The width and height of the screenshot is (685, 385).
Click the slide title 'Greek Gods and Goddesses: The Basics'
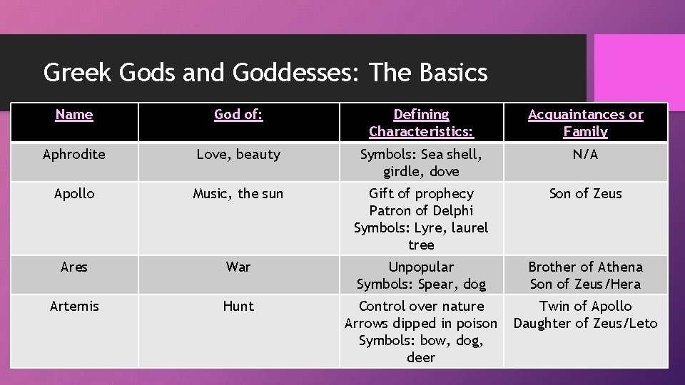coord(265,73)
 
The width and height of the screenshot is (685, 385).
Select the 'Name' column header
coord(74,115)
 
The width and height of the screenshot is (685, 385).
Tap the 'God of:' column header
coord(238,115)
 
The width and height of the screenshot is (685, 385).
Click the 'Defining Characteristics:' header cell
coord(421,123)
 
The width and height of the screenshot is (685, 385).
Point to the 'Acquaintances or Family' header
coord(585,123)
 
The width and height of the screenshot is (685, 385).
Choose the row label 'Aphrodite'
coord(74,155)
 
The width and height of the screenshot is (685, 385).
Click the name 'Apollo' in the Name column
coord(74,194)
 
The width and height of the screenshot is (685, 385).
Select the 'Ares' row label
coord(74,267)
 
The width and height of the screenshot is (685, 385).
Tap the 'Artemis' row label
coord(74,307)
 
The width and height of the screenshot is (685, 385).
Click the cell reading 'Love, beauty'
coord(238,155)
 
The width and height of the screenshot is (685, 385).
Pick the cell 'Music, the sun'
coord(238,194)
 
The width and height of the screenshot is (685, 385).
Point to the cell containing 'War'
coord(238,267)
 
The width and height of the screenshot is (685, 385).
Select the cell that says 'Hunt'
coord(238,307)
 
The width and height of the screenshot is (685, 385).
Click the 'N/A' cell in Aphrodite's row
coord(585,155)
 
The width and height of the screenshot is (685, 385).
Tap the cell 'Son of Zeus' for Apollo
coord(585,194)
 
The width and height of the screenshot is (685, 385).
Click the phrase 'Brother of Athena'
coord(585,267)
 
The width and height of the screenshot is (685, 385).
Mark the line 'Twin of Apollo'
coord(585,307)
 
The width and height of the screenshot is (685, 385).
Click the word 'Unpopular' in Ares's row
coord(421,267)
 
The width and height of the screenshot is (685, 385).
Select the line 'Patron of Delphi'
coord(421,211)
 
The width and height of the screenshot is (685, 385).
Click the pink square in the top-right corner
coord(639,63)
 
